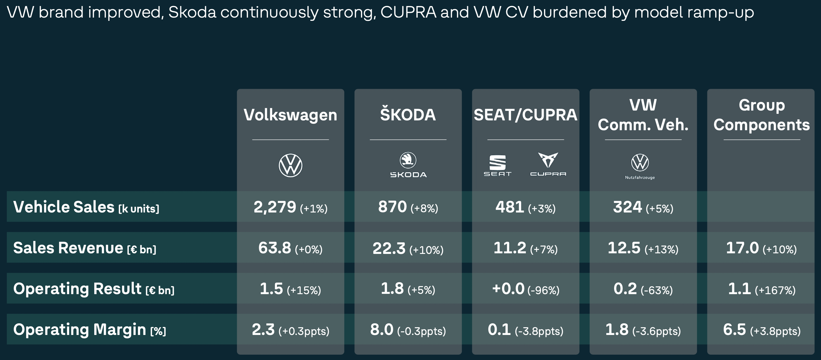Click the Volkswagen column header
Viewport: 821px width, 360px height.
(x=290, y=115)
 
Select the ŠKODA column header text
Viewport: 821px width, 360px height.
(x=408, y=115)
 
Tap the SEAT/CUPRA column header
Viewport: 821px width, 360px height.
(x=525, y=115)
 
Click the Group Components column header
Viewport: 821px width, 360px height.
(x=761, y=115)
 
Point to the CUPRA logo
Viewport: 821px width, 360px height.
(x=548, y=164)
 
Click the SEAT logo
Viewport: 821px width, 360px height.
(x=497, y=165)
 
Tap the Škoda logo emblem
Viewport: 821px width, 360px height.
(x=408, y=160)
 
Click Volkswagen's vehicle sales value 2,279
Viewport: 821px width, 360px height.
(x=275, y=207)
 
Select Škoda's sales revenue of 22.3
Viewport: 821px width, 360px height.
(x=389, y=249)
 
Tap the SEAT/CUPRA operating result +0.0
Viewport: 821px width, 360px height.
(x=508, y=289)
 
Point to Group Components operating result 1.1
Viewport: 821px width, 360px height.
(x=739, y=289)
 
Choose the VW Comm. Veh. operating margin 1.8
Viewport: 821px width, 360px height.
(x=617, y=329)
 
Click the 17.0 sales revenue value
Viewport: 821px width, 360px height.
(x=742, y=248)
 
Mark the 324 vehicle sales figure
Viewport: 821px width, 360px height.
(x=627, y=207)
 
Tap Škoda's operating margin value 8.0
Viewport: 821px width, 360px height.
(x=382, y=329)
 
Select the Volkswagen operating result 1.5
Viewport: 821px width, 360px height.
(x=271, y=289)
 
